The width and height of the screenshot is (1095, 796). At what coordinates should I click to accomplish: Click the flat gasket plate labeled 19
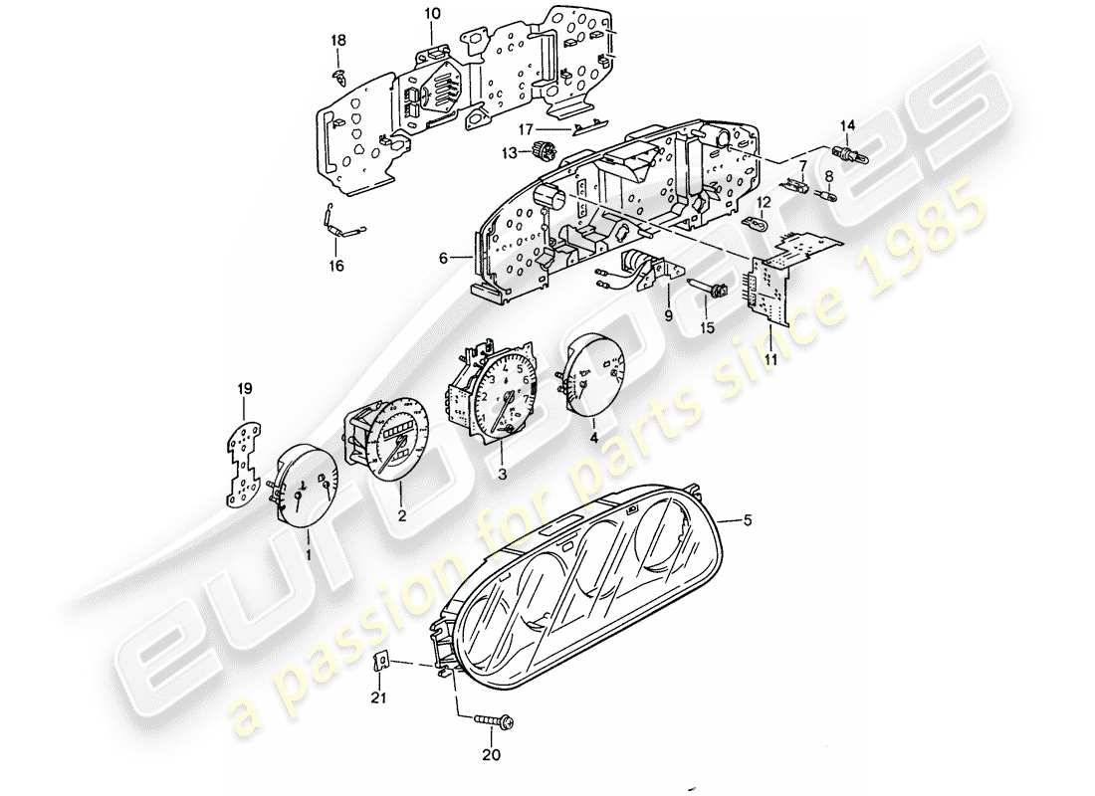244,463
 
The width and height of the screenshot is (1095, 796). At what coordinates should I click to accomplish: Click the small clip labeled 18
339,72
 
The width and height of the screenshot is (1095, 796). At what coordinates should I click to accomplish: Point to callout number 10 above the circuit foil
432,13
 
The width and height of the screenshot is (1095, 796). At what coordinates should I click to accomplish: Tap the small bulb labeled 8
825,196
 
